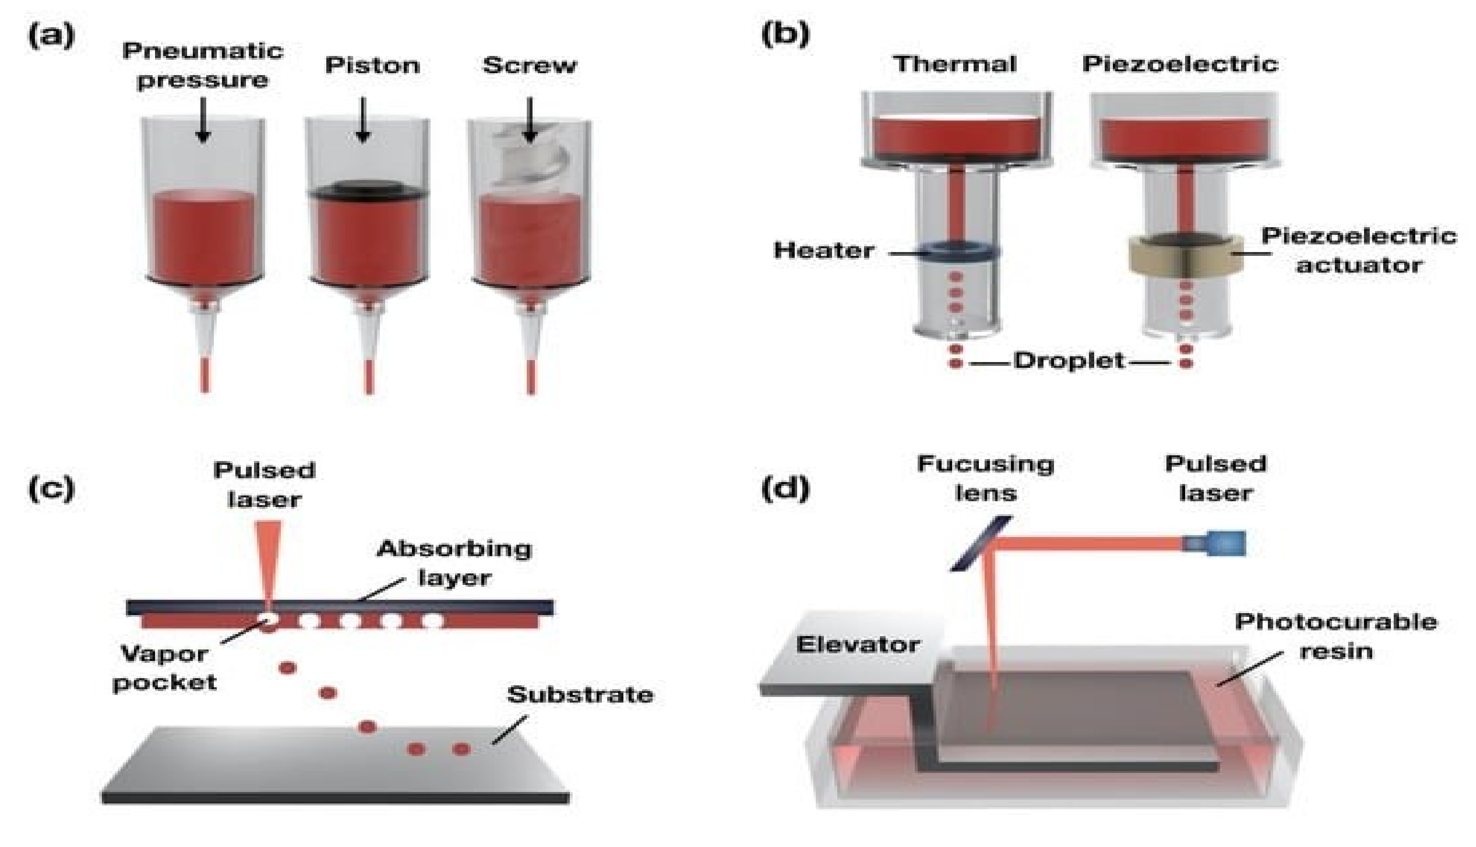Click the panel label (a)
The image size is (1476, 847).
pyautogui.click(x=51, y=36)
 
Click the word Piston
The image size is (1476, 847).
pyautogui.click(x=372, y=65)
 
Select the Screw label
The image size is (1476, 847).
pyautogui.click(x=530, y=65)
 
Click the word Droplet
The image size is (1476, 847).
pyautogui.click(x=1069, y=361)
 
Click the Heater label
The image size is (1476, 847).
pyautogui.click(x=824, y=251)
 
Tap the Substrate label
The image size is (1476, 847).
pyautogui.click(x=580, y=694)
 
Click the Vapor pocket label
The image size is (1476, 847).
pyautogui.click(x=165, y=668)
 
